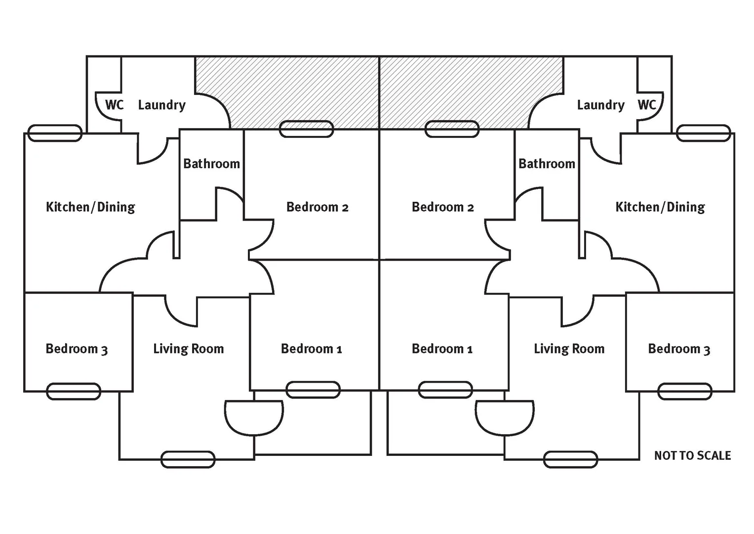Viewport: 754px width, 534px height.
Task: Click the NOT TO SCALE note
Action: (x=692, y=455)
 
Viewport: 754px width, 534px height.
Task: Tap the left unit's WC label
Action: (x=114, y=105)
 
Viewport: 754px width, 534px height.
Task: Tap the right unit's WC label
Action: (x=647, y=105)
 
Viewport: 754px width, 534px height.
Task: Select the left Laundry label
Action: (x=161, y=105)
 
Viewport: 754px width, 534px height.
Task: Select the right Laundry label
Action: (x=600, y=105)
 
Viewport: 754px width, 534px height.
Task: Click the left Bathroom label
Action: (x=211, y=164)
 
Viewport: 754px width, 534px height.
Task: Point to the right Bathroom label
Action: (x=547, y=164)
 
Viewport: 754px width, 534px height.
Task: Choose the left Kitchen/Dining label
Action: (x=90, y=207)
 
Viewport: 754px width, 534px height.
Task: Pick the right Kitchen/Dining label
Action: (x=660, y=207)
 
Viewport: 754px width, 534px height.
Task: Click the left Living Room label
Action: (x=188, y=349)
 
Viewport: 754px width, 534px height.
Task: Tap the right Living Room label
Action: (x=569, y=349)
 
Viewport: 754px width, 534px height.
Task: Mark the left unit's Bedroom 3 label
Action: (x=77, y=349)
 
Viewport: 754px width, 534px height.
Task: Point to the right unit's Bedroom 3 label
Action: (x=679, y=349)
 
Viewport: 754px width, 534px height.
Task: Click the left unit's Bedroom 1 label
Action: (x=311, y=349)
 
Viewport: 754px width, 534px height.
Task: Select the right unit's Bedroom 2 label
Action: (x=442, y=207)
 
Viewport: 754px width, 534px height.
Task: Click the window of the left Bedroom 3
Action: (x=74, y=392)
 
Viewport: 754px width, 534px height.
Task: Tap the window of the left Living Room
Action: (x=188, y=459)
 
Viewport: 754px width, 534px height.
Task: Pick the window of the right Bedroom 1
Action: (x=445, y=390)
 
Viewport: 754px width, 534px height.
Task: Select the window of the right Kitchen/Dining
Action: (x=703, y=133)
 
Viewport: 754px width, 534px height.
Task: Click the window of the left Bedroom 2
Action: (x=306, y=129)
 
